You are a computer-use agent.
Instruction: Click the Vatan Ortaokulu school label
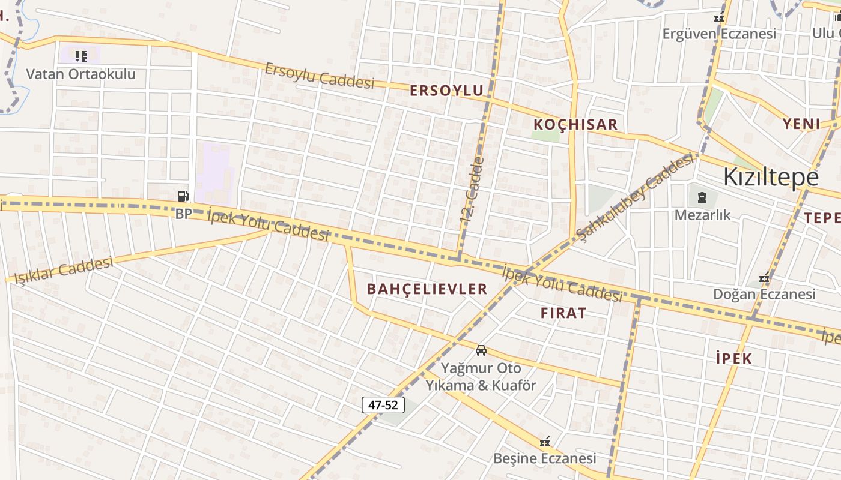tap(80, 74)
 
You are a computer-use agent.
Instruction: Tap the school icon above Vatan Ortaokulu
tap(80, 56)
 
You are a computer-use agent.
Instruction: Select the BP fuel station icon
tap(183, 196)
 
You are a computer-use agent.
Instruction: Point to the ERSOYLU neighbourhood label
tap(446, 91)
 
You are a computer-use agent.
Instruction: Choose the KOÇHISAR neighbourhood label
tap(575, 125)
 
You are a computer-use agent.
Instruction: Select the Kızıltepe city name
tap(771, 177)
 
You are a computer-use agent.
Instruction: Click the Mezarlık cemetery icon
tap(702, 197)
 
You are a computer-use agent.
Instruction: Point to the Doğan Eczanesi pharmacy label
tap(764, 294)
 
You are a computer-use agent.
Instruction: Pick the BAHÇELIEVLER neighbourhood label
tap(427, 289)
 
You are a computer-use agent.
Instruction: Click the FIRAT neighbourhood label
tap(563, 313)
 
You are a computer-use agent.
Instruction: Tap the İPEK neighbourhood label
tap(734, 359)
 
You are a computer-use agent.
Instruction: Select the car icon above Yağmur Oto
tap(481, 350)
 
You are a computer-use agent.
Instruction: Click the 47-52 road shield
tap(383, 405)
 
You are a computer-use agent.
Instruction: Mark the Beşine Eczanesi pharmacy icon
tap(545, 442)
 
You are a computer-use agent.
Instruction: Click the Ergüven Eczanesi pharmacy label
tap(719, 34)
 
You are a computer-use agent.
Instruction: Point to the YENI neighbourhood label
tap(801, 124)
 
